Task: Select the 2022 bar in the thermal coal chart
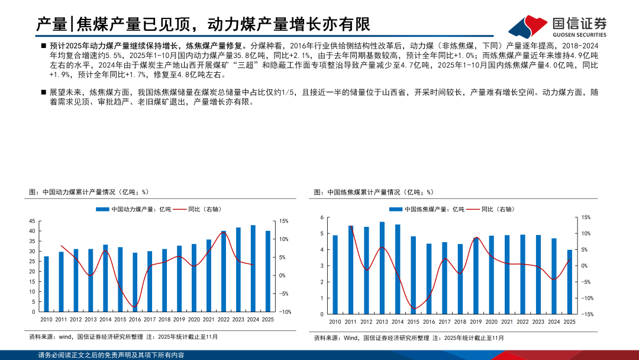tap(224, 271)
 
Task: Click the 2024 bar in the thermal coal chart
tap(253, 268)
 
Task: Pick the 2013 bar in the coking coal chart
tap(382, 267)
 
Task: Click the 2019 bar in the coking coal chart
tap(476, 275)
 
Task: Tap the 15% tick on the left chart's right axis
tap(283, 221)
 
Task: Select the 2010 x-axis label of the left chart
tap(46, 320)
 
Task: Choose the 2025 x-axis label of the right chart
tap(570, 322)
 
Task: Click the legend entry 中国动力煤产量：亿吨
tap(133, 209)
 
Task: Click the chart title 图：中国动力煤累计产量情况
tap(88, 192)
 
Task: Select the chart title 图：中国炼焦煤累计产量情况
tap(373, 192)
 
